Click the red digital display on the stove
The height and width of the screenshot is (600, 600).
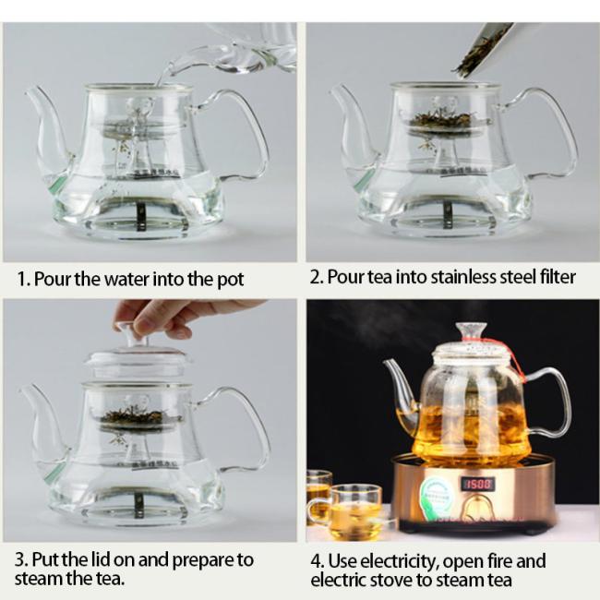pyautogui.click(x=478, y=485)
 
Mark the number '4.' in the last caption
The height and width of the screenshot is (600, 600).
pyautogui.click(x=318, y=561)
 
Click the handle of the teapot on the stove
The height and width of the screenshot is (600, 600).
pyautogui.click(x=551, y=402)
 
